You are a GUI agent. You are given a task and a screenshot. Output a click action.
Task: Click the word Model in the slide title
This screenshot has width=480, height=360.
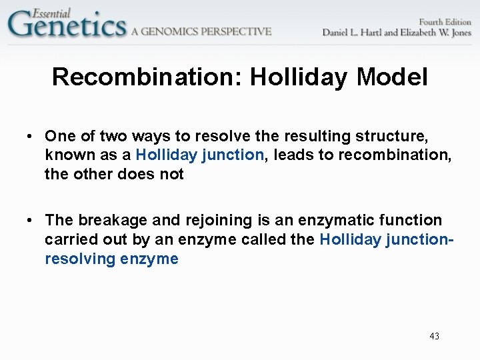(392, 77)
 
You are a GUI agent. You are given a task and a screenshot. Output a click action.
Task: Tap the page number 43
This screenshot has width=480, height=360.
(435, 336)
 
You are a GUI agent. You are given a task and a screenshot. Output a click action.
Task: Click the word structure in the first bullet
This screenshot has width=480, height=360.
(395, 136)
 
